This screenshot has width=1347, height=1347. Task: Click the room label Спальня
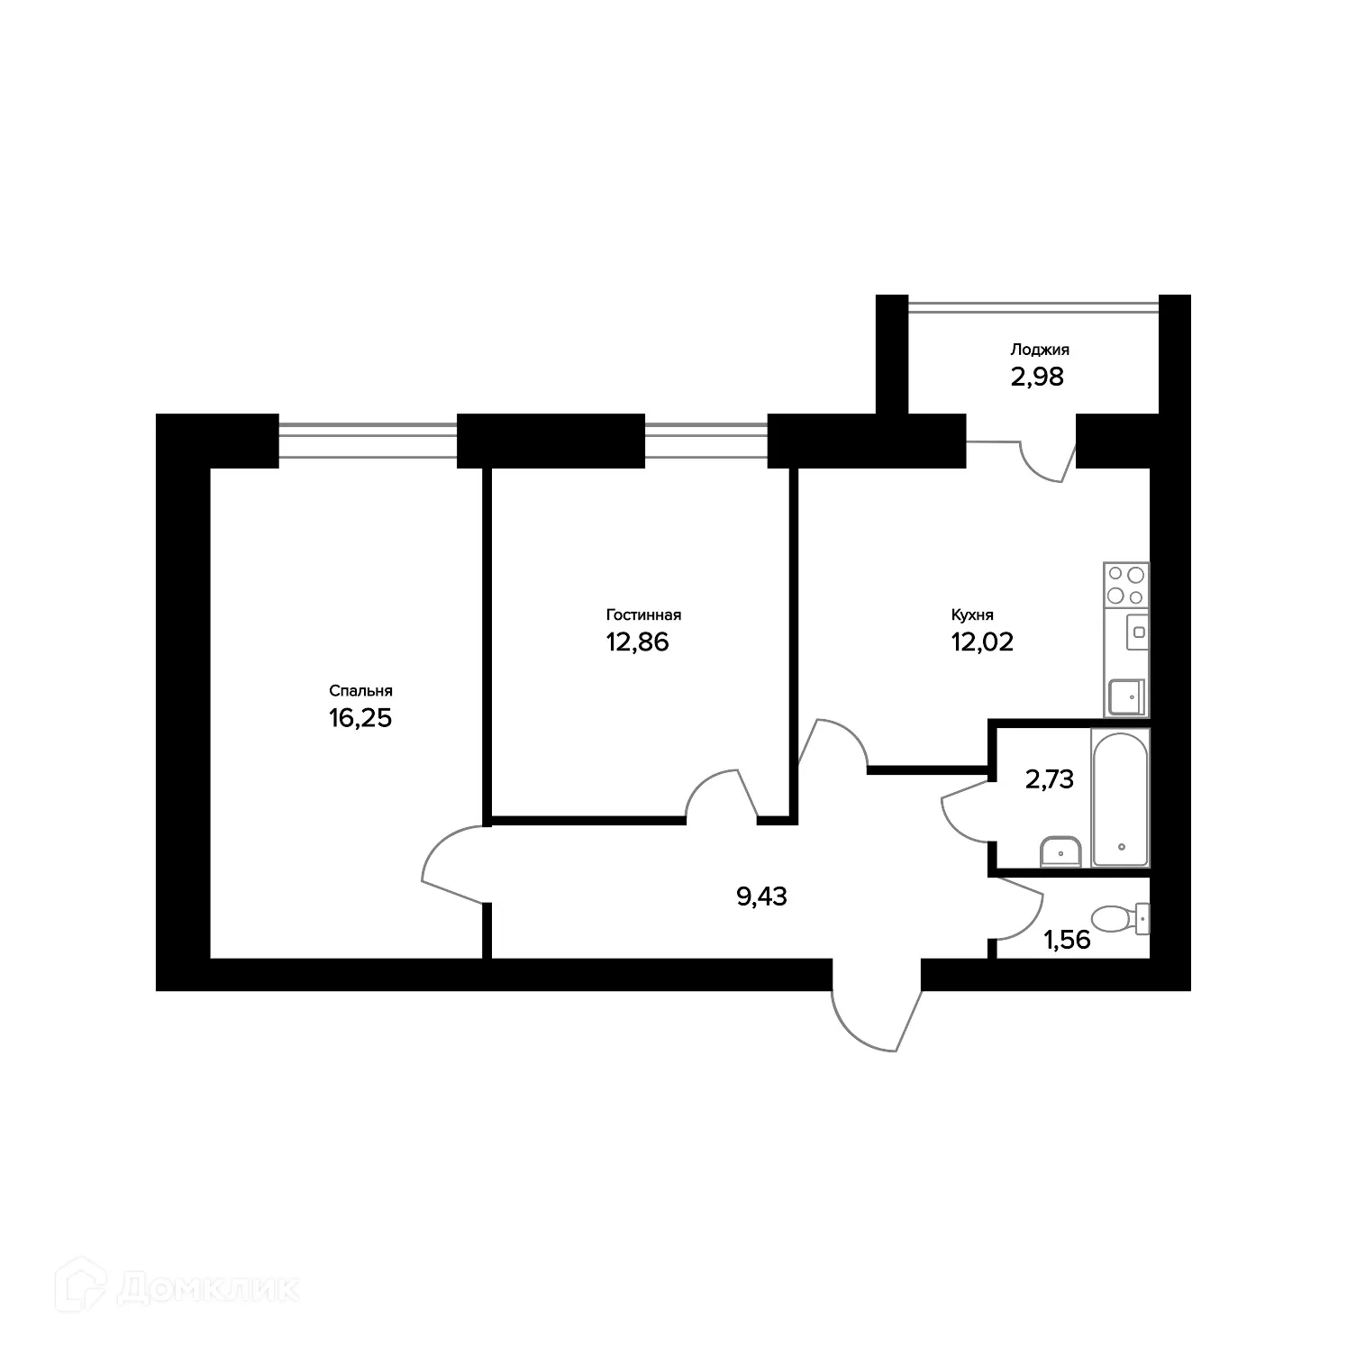[360, 691]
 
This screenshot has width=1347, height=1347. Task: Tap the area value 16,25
[360, 719]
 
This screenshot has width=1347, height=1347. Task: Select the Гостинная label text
[643, 615]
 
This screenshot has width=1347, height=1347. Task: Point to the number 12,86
[637, 642]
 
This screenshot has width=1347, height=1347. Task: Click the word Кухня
[972, 615]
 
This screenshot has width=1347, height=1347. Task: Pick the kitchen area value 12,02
[982, 642]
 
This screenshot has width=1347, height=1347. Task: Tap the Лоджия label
[1040, 350]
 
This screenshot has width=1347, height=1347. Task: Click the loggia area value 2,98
[1037, 377]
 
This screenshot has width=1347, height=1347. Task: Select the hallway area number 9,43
[761, 896]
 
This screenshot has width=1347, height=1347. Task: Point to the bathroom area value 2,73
[1050, 779]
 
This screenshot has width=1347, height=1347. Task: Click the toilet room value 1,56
[1067, 941]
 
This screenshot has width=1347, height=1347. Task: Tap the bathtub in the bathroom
[1120, 797]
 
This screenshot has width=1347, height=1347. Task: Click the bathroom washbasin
[1061, 850]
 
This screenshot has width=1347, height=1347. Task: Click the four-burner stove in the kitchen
[1126, 584]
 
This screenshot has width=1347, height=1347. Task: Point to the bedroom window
[368, 441]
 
